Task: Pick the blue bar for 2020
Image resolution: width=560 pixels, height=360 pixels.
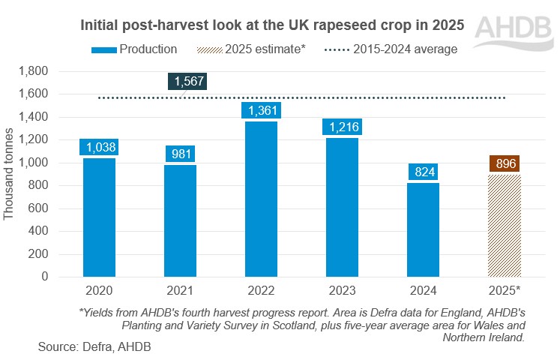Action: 99,217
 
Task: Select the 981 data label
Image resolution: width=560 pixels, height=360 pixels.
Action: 179,154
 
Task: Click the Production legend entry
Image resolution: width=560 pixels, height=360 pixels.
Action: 135,49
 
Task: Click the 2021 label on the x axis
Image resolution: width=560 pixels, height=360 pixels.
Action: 179,289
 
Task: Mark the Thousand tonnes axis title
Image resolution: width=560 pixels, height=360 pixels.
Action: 10,173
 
